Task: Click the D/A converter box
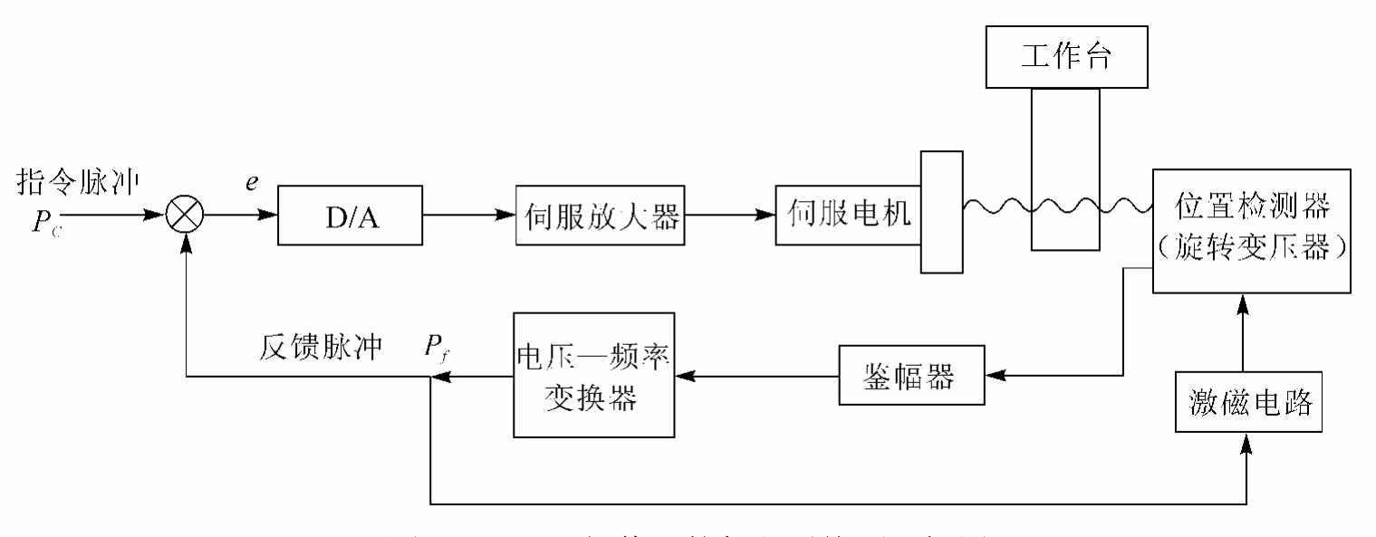click(349, 216)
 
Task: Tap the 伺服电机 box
click(847, 216)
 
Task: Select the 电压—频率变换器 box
click(595, 374)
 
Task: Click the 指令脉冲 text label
click(78, 182)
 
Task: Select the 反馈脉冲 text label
click(321, 346)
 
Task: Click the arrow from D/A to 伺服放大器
click(467, 216)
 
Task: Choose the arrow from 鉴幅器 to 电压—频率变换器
click(757, 374)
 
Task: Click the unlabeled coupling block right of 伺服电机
click(941, 212)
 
